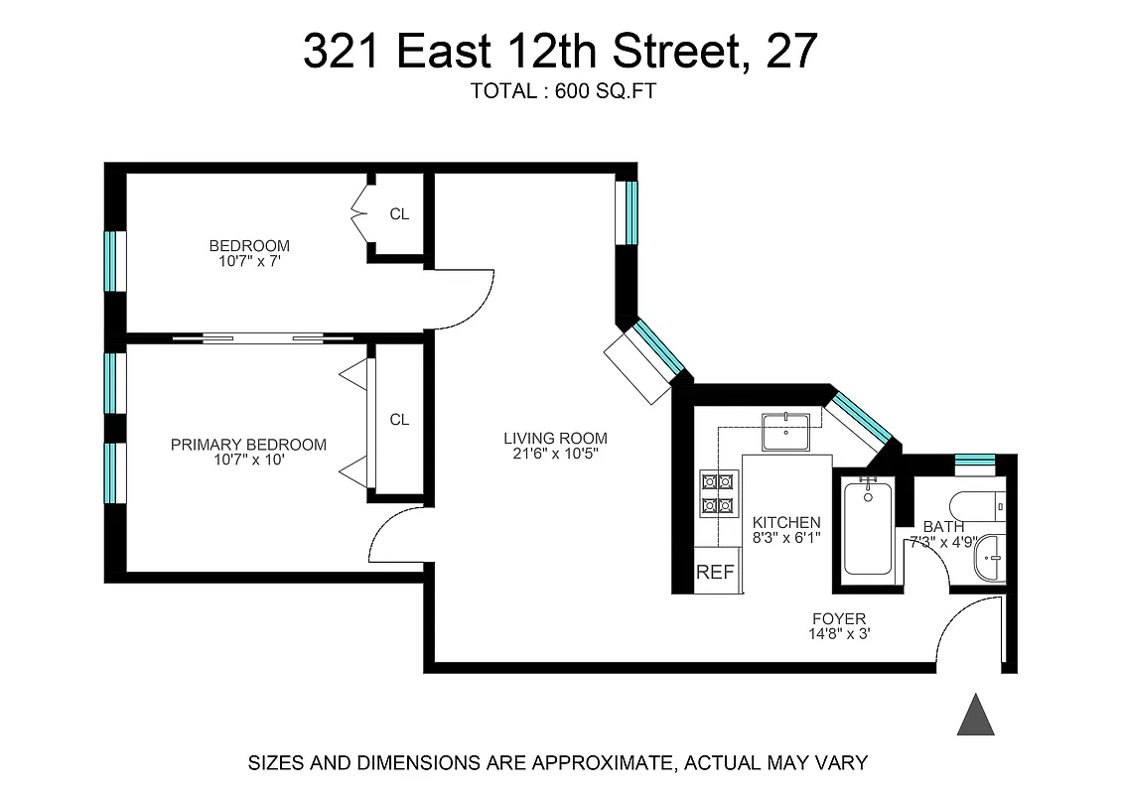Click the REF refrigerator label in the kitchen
[715, 572]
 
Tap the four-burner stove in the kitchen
[718, 493]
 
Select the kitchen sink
[785, 432]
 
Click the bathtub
[868, 527]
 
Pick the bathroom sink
[988, 559]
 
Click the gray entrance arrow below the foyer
[975, 716]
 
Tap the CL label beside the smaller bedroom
[399, 213]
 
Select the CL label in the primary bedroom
[399, 420]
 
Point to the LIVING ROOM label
[555, 438]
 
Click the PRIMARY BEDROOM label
[248, 445]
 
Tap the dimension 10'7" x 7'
[248, 262]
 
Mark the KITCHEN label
[786, 522]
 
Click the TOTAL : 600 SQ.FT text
[563, 91]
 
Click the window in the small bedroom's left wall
[115, 261]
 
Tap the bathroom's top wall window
[974, 460]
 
